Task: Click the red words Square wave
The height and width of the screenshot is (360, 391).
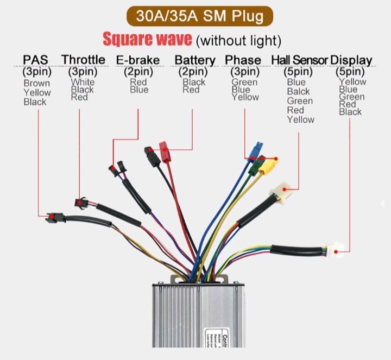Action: click(x=147, y=39)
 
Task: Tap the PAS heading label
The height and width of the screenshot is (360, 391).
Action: click(x=35, y=60)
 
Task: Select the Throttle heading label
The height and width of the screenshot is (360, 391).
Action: click(x=83, y=60)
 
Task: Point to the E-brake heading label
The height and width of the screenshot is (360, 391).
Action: click(x=139, y=60)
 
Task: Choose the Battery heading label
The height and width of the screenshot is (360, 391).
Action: click(x=195, y=60)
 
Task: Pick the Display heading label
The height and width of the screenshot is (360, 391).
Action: click(x=351, y=60)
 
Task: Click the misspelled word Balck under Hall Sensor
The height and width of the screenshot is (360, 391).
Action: click(x=299, y=91)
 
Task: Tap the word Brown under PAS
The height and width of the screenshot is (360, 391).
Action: click(x=37, y=83)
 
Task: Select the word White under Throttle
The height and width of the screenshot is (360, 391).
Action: click(x=83, y=82)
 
